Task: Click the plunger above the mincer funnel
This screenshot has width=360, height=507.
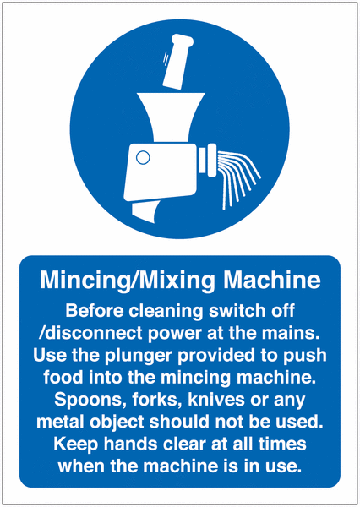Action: pyautogui.click(x=177, y=62)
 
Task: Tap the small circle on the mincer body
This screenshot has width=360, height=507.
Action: pyautogui.click(x=143, y=158)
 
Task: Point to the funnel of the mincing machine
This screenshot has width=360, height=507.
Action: pyautogui.click(x=171, y=118)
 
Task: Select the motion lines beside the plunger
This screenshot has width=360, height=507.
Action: pyautogui.click(x=166, y=58)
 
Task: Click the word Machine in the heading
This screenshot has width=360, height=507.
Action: pyautogui.click(x=272, y=280)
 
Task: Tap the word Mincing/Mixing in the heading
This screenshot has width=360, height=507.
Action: pyautogui.click(x=128, y=281)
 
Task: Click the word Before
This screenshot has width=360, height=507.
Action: pyautogui.click(x=95, y=311)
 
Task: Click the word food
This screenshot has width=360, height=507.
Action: pyautogui.click(x=63, y=378)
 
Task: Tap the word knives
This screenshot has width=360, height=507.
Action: pyautogui.click(x=216, y=400)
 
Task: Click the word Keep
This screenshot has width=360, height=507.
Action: pyautogui.click(x=76, y=444)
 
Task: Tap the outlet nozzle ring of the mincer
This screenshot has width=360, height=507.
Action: pyautogui.click(x=207, y=160)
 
